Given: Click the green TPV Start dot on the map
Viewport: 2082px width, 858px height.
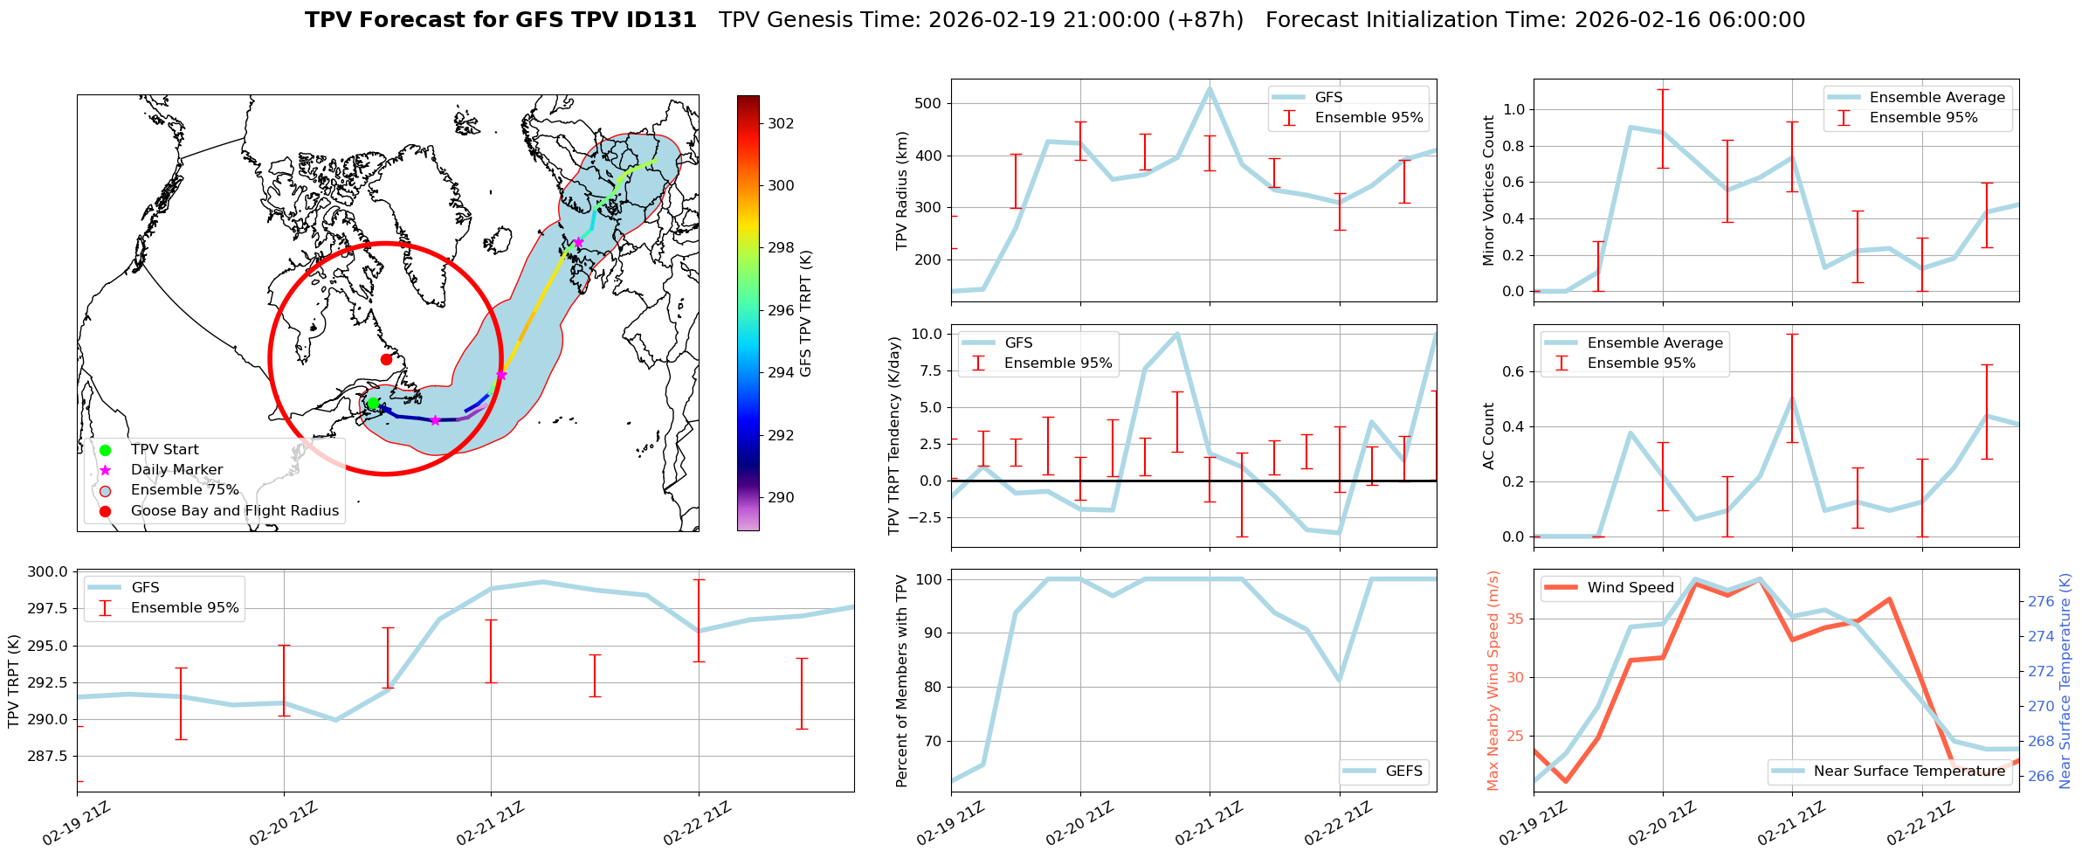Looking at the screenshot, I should coord(373,404).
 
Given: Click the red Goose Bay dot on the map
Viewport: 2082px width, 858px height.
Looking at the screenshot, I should coord(386,359).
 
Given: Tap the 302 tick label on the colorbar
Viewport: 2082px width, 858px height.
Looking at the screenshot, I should coord(781,123).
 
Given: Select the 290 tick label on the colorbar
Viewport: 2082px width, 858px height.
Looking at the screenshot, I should coord(781,497).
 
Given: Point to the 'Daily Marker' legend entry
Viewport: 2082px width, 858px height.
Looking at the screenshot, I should coord(176,470).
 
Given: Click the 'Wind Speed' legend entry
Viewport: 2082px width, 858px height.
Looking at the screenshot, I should coord(1630,588).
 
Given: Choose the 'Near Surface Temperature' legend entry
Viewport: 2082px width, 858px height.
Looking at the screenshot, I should coord(1909,772).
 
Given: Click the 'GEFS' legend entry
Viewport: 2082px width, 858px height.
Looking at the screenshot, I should coord(1403,772).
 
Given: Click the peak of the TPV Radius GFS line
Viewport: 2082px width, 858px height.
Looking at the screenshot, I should coord(1210,87).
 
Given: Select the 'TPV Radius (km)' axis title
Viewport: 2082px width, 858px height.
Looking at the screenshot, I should coord(902,190).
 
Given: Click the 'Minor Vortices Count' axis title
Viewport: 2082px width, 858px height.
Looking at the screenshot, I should coord(1488,190).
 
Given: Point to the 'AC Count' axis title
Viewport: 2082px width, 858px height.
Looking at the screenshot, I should coord(1488,436).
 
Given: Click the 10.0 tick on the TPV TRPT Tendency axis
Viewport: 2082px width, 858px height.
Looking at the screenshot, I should coord(926,334).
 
